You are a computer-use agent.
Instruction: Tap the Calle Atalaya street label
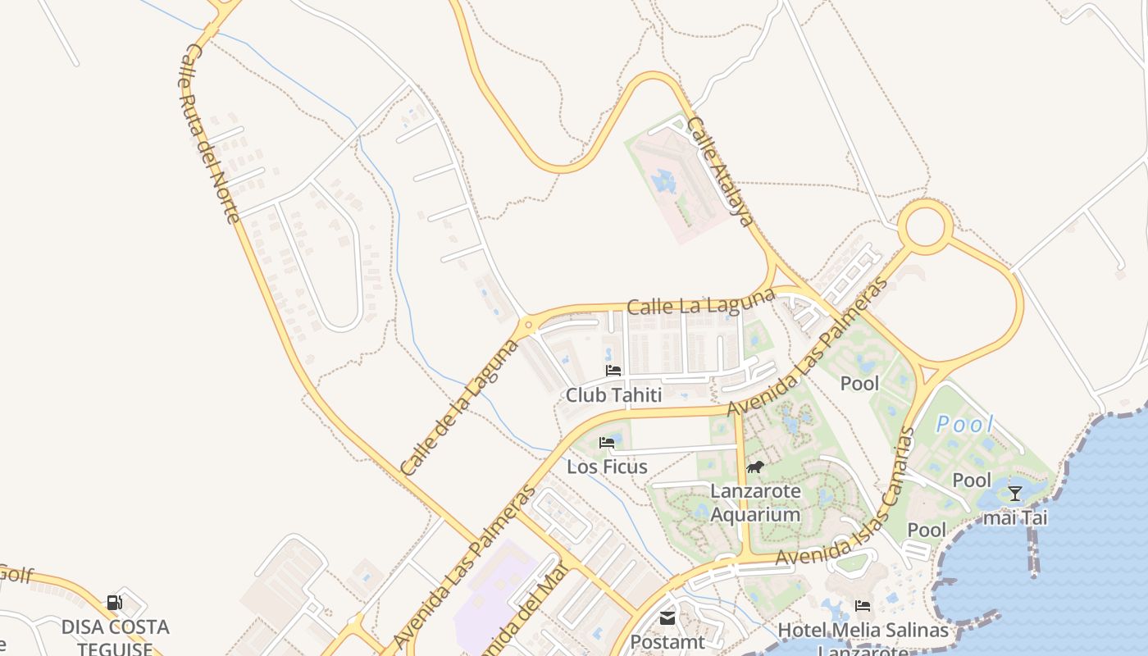point(719,171)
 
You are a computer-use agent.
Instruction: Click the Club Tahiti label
point(613,395)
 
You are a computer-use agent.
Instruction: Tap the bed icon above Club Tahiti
point(613,371)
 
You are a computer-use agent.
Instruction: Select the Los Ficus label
point(607,467)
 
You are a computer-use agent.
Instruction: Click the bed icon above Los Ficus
point(607,443)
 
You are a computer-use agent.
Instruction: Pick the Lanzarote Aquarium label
point(754,503)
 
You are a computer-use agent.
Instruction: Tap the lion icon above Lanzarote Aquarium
point(754,467)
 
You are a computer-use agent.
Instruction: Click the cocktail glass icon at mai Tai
point(1015,493)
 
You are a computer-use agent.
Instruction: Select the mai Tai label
point(1015,517)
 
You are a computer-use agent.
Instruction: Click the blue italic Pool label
point(965,424)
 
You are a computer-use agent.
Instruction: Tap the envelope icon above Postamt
point(667,617)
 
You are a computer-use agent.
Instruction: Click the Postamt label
point(667,642)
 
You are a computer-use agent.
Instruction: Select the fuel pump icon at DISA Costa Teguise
point(115,604)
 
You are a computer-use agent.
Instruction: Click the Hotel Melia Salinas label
point(863,631)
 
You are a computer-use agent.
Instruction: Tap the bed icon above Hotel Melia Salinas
point(863,606)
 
